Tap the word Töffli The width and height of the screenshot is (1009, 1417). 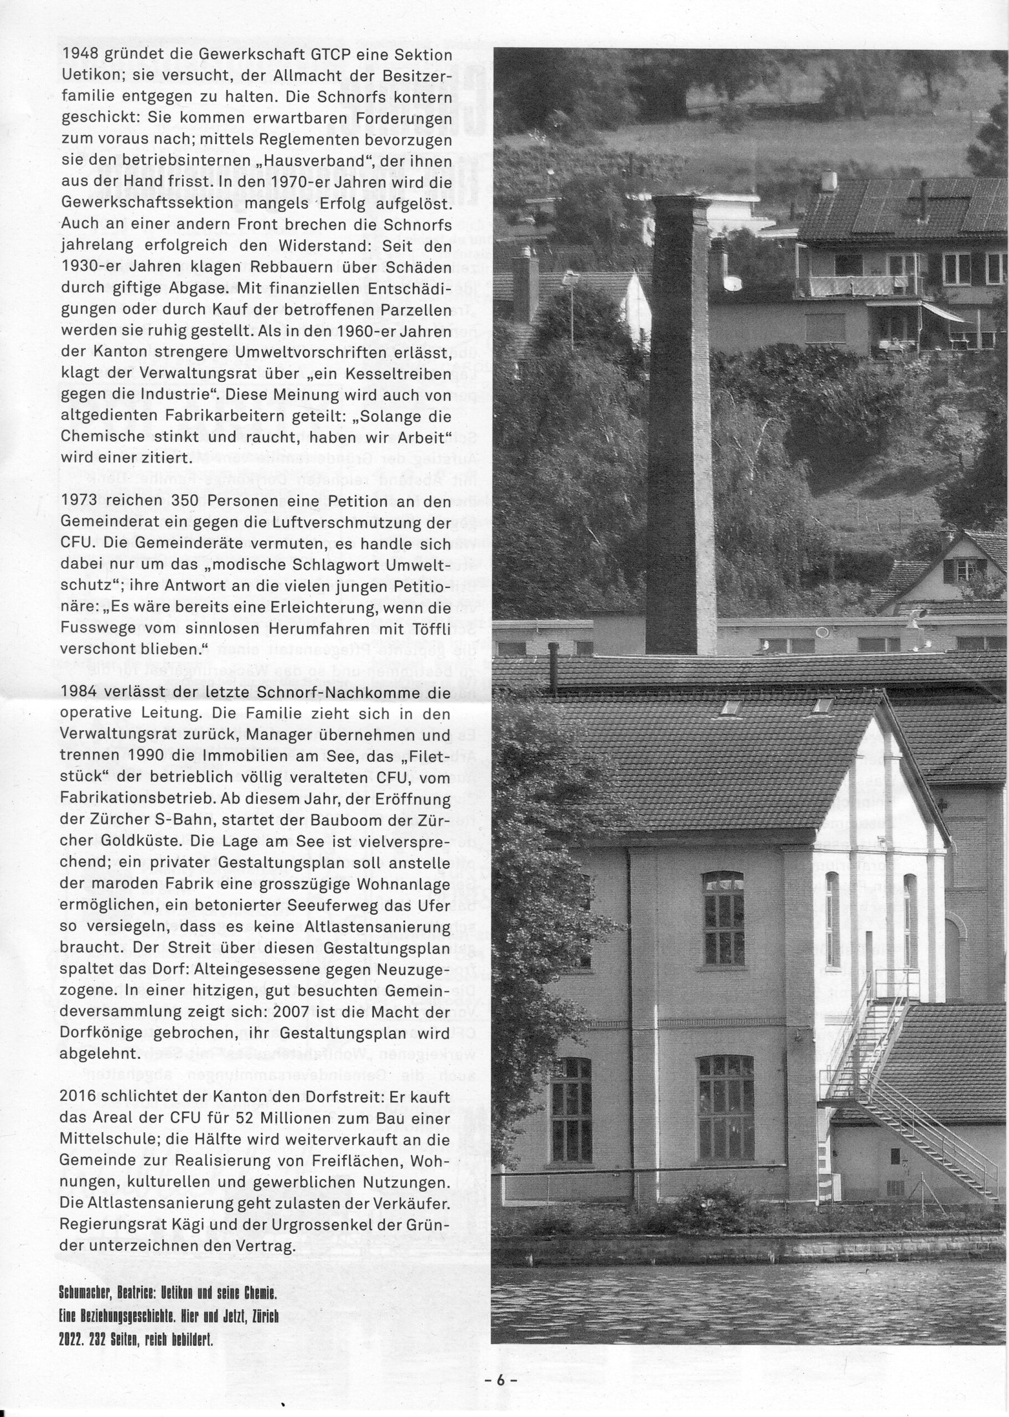point(430,629)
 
